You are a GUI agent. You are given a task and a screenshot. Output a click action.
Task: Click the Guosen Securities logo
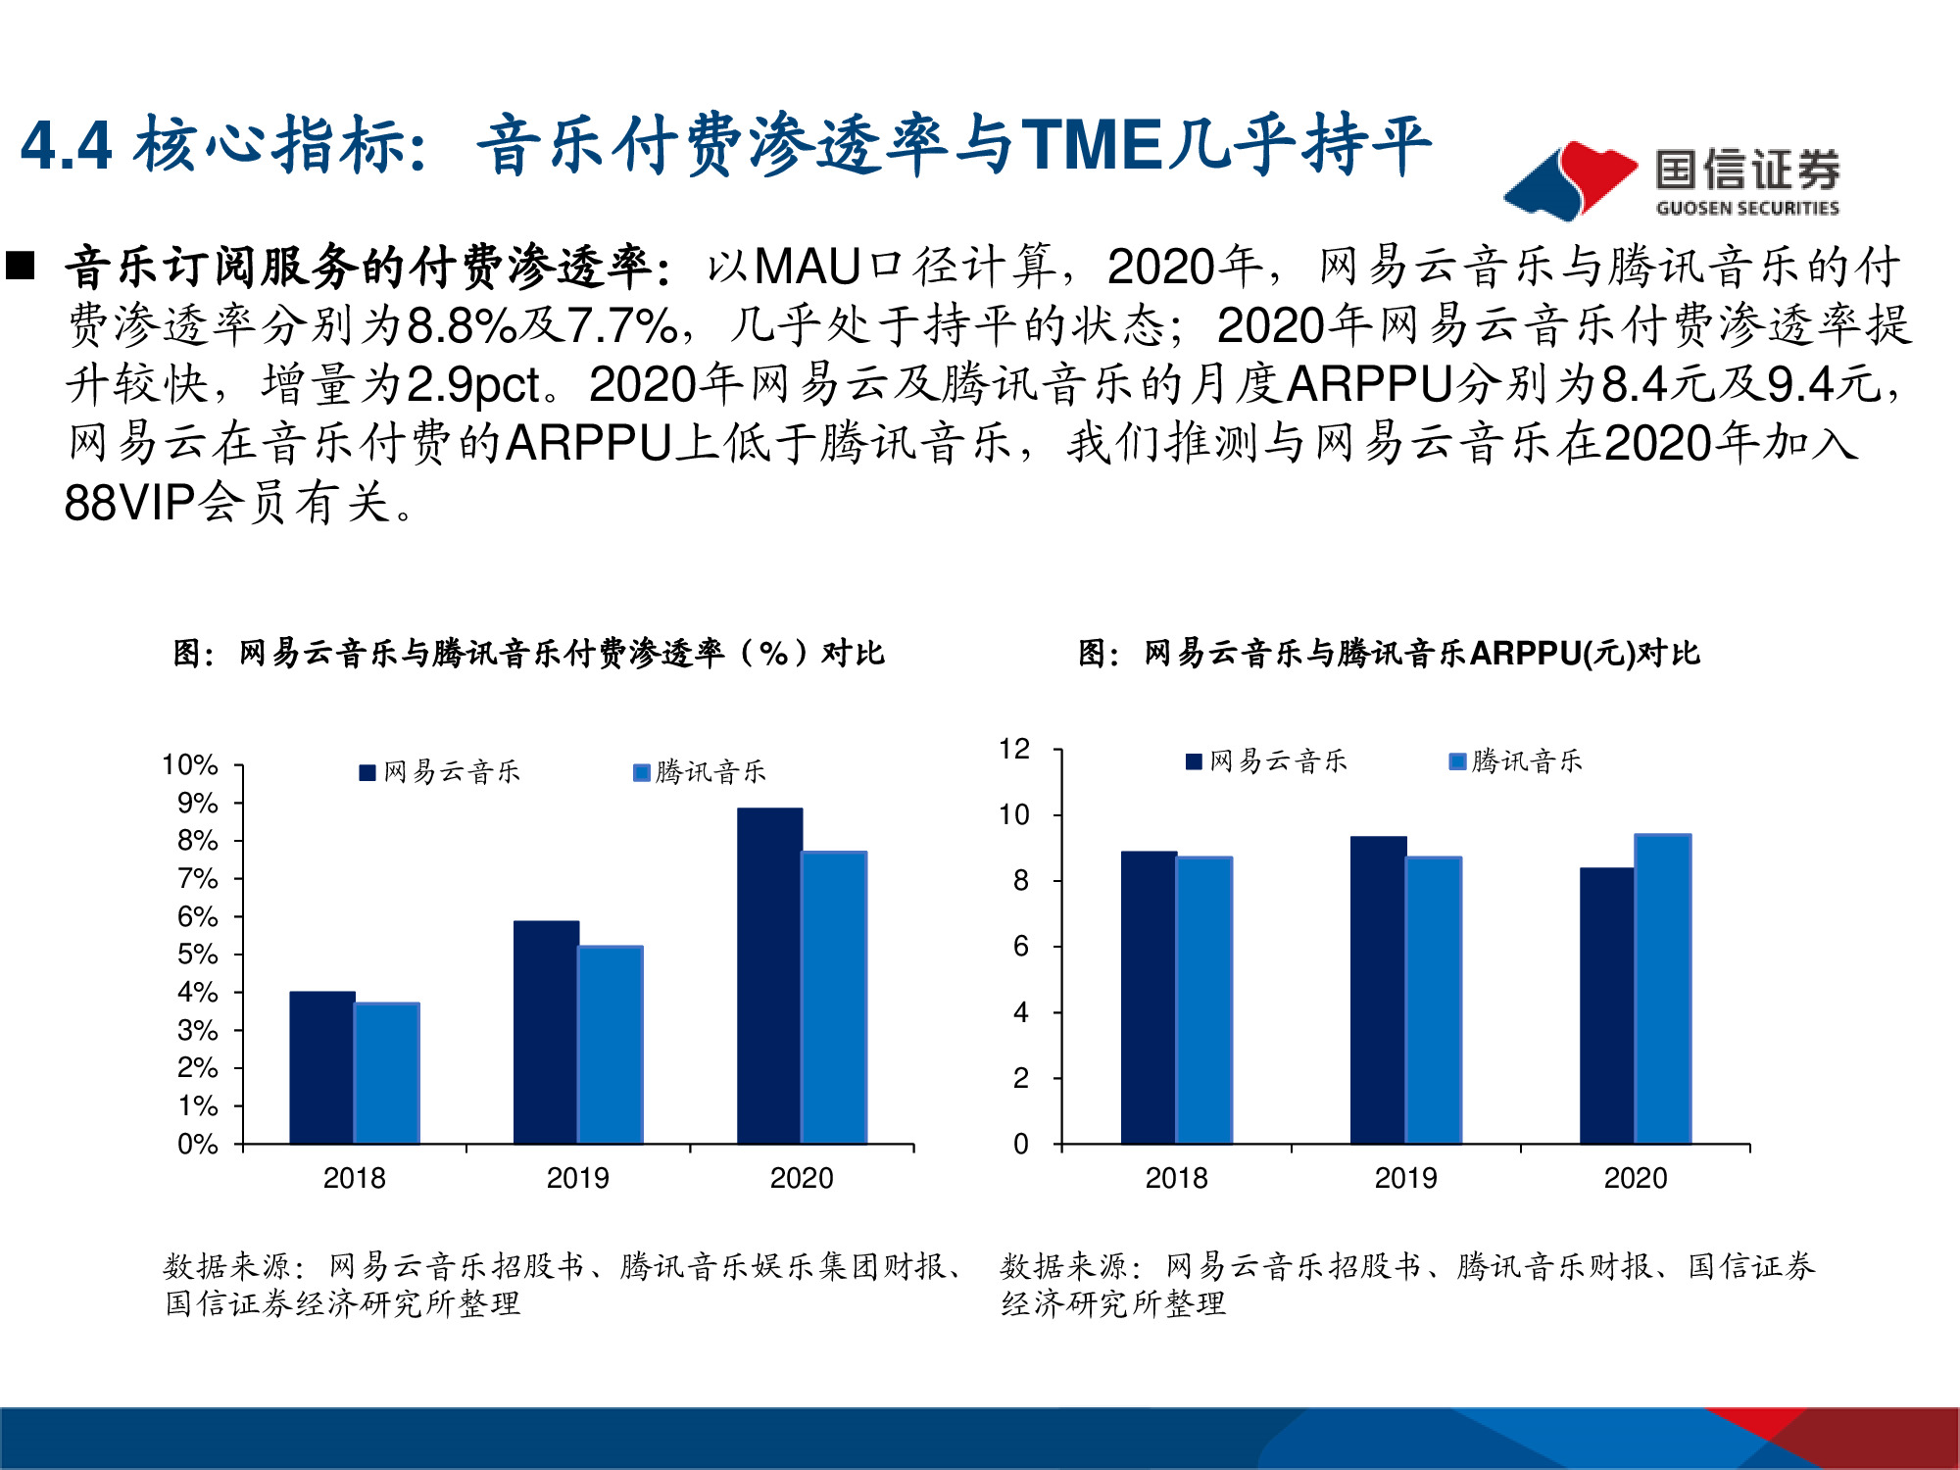click(1672, 179)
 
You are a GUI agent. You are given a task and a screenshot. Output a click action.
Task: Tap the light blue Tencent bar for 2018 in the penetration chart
click(387, 1072)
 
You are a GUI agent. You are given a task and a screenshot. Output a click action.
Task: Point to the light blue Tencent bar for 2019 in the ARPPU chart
click(1433, 1000)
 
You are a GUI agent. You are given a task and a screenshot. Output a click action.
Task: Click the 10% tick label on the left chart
click(190, 764)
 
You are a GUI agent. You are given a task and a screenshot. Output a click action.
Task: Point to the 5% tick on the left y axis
click(197, 955)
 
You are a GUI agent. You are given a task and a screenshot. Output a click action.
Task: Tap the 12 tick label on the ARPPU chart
click(1014, 750)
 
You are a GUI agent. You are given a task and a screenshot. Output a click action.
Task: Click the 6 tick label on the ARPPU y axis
click(1020, 947)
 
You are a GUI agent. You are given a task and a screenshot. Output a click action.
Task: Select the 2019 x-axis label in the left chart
click(577, 1178)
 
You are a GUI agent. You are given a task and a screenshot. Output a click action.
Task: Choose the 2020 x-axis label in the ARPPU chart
click(1635, 1178)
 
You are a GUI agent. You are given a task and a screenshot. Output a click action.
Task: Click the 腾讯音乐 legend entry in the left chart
click(700, 772)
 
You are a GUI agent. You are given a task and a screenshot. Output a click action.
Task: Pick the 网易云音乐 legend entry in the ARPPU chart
click(1266, 761)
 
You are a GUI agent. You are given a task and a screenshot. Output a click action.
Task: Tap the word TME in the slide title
click(1092, 145)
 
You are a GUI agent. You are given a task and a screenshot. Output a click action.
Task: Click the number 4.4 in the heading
click(67, 147)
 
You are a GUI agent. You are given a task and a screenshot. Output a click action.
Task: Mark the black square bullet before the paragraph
click(21, 266)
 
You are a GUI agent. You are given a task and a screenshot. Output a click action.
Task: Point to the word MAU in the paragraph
click(808, 267)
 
